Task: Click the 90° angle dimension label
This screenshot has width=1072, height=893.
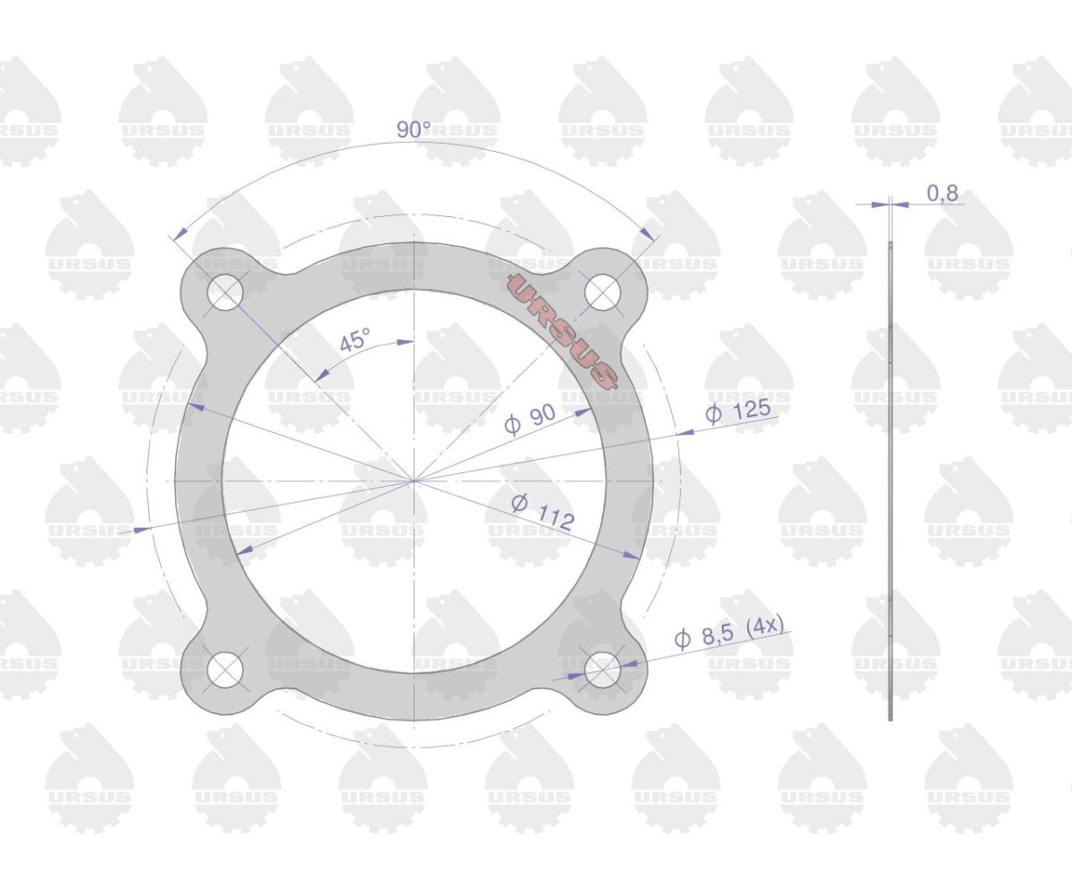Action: (413, 129)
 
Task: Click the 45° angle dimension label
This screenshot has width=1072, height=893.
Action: (354, 340)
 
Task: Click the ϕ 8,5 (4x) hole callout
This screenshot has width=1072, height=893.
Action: (729, 632)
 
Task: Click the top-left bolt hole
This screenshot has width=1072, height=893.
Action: (225, 292)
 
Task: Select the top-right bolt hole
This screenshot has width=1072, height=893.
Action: (603, 292)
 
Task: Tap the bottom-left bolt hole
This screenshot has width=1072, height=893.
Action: (225, 669)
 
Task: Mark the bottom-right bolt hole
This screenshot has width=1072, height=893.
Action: (603, 669)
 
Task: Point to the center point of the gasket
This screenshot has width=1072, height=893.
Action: (414, 480)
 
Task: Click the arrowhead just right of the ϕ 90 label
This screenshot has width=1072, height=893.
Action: (584, 411)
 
